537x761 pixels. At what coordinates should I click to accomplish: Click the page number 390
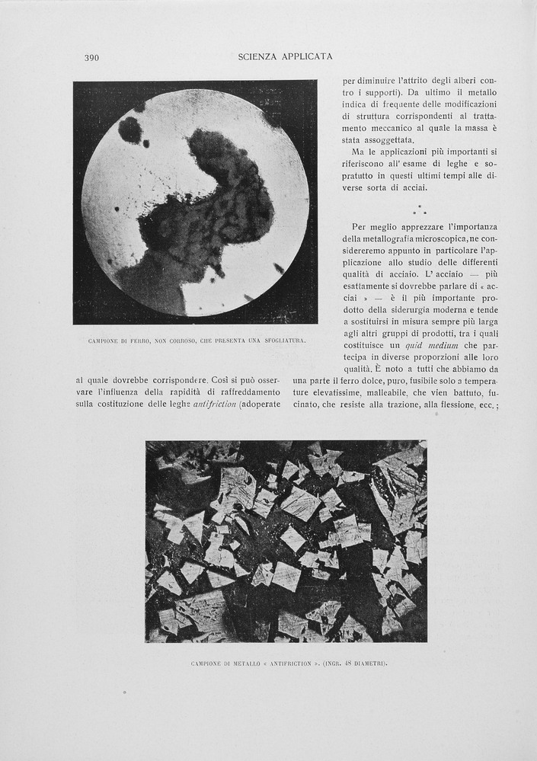pyautogui.click(x=91, y=57)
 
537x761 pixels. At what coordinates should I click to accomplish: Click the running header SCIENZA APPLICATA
pyautogui.click(x=285, y=56)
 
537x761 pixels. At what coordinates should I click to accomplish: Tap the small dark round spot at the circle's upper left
pyautogui.click(x=130, y=129)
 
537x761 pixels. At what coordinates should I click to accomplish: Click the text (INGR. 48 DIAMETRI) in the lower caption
pyautogui.click(x=355, y=663)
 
